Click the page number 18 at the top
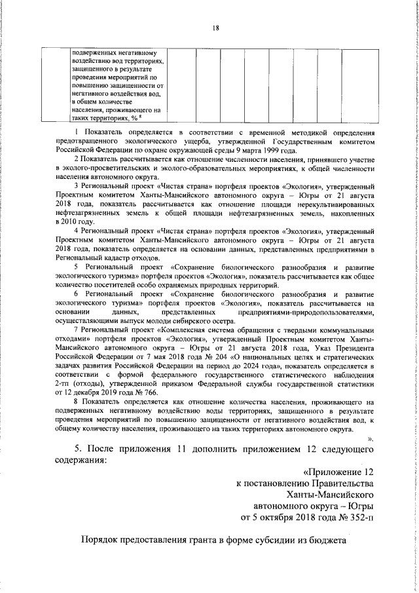[215, 28]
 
